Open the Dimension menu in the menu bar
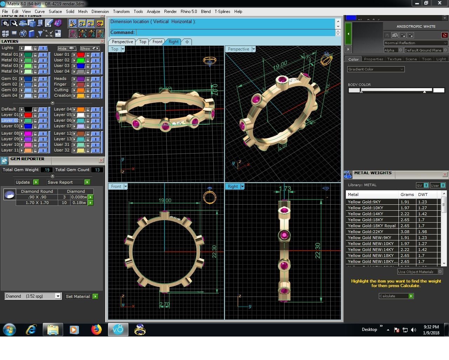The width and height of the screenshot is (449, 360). pyautogui.click(x=100, y=12)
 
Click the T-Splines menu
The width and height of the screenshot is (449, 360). pyautogui.click(x=222, y=12)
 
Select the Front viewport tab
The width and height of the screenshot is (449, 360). pyautogui.click(x=157, y=42)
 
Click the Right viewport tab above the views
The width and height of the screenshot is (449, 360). pyautogui.click(x=174, y=42)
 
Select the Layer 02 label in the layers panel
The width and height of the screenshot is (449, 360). pyautogui.click(x=10, y=120)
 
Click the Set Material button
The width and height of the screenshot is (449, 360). pyautogui.click(x=78, y=297)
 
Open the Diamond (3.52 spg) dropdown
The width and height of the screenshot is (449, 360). pyautogui.click(x=33, y=296)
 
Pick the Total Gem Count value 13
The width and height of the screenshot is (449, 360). pyautogui.click(x=97, y=170)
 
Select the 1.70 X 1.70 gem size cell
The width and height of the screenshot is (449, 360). pyautogui.click(x=37, y=203)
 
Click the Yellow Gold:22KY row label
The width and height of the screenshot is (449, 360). pyautogui.click(x=365, y=232)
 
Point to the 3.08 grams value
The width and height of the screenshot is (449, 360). pyautogui.click(x=405, y=232)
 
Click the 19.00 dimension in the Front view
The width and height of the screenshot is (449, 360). pyautogui.click(x=165, y=201)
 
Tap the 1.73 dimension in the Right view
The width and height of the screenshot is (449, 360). pyautogui.click(x=285, y=189)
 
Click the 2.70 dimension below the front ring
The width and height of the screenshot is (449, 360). pyautogui.click(x=164, y=304)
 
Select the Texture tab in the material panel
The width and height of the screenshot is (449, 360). pyautogui.click(x=394, y=59)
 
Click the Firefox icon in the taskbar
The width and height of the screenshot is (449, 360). pyautogui.click(x=96, y=330)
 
